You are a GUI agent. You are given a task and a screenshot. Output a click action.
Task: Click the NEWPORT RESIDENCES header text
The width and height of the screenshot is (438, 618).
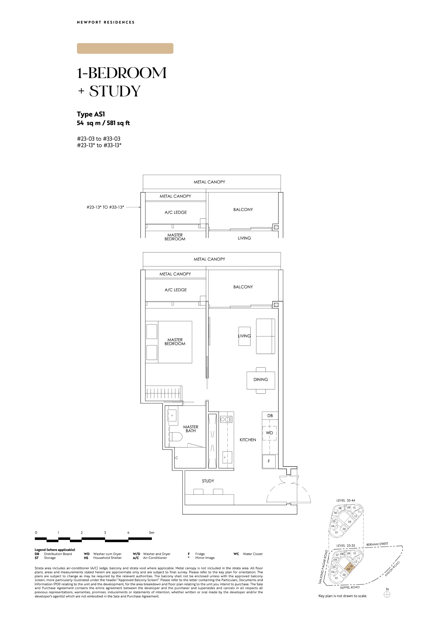pos(106,22)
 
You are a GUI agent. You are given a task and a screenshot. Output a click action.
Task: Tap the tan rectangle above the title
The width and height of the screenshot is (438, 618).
pos(125,49)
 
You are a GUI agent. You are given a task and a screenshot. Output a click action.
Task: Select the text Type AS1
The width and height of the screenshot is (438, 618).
pos(91,114)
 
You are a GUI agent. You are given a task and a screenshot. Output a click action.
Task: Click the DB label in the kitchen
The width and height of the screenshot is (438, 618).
pos(270,416)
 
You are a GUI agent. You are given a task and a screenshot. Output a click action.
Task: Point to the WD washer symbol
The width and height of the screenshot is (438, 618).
pos(269,433)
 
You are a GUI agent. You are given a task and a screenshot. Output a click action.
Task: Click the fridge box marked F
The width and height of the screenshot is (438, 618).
pos(269,461)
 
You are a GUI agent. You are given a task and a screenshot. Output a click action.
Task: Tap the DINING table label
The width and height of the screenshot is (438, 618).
pos(260,379)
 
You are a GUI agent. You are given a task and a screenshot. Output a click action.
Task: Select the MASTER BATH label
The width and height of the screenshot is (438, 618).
pos(191,429)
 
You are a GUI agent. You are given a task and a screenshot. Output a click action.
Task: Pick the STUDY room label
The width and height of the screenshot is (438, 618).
pos(208,481)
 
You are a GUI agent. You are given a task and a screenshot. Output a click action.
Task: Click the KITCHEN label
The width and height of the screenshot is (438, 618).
pos(248,440)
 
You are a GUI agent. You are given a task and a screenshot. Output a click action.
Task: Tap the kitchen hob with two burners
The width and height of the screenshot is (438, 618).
pos(225,419)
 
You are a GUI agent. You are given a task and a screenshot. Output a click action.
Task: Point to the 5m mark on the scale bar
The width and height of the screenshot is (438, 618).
pos(151,533)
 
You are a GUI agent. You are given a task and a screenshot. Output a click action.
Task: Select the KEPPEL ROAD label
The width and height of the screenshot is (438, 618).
pos(350,587)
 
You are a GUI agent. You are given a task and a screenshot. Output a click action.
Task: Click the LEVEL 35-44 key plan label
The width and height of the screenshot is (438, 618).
pos(346,500)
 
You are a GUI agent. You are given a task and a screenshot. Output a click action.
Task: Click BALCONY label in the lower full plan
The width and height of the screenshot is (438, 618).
pos(243,287)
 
